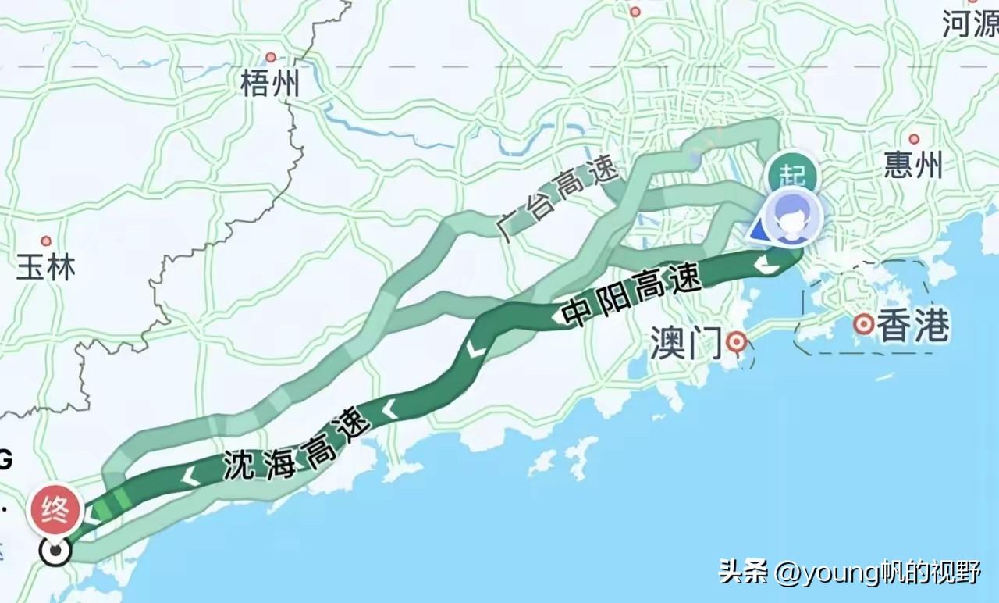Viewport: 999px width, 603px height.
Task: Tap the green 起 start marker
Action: tap(791, 174)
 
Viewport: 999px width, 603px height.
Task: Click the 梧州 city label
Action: tap(270, 84)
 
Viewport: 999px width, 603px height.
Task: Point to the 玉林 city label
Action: tap(46, 268)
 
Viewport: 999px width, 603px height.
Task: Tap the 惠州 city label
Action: tap(913, 166)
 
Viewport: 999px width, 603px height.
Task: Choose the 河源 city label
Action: tap(969, 25)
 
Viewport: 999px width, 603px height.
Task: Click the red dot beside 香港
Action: tap(863, 324)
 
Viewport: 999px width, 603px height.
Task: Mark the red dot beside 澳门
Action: tap(736, 341)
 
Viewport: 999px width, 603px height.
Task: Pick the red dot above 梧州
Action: tap(271, 57)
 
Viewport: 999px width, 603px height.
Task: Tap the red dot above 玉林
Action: tap(46, 241)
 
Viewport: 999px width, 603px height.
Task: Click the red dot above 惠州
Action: tap(914, 139)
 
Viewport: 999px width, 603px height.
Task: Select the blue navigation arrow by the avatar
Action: tap(758, 231)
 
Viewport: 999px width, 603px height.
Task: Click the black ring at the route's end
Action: tap(55, 551)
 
